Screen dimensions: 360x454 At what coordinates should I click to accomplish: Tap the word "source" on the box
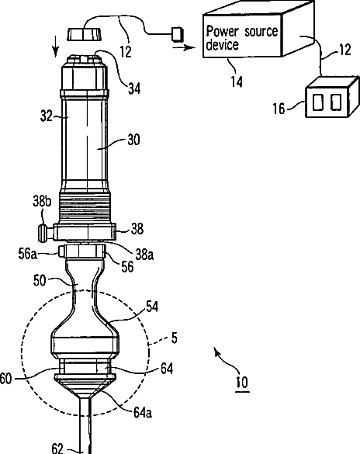261,31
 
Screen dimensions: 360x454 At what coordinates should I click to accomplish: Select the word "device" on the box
222,44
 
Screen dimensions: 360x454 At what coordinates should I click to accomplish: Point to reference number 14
237,81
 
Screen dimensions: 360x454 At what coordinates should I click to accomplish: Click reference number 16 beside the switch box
279,109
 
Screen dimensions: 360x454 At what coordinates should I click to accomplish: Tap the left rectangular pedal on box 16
318,102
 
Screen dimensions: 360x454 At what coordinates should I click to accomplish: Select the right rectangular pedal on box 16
336,102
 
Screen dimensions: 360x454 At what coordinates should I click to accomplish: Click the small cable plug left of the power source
178,34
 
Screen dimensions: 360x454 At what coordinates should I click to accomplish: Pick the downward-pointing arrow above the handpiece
56,48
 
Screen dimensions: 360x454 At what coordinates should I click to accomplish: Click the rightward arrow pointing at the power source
183,47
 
